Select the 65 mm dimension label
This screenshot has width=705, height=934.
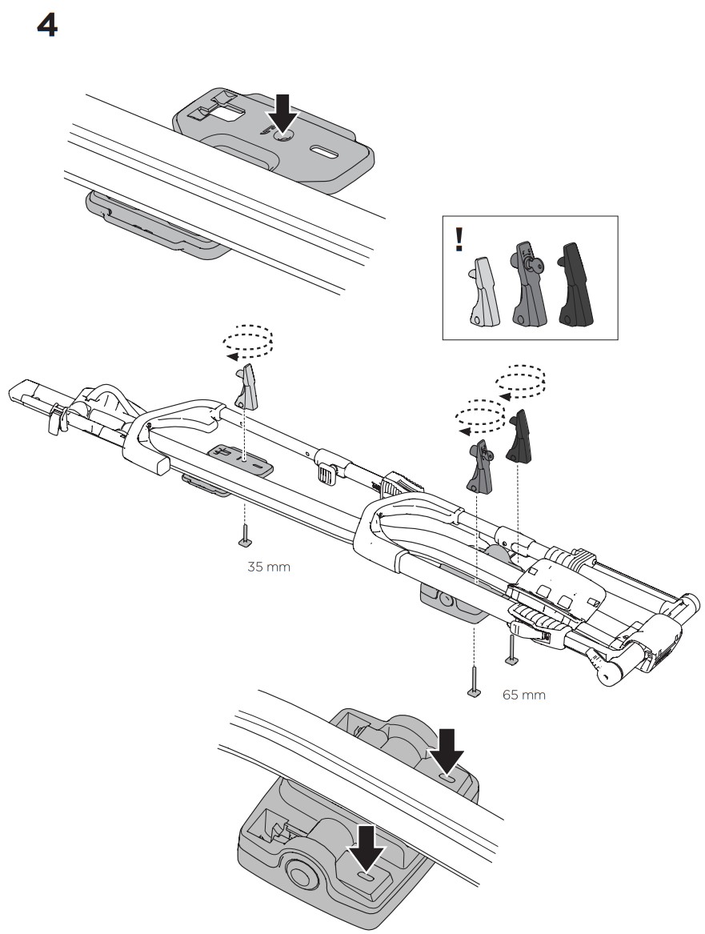[x=523, y=695]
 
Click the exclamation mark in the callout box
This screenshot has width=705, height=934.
[x=459, y=240]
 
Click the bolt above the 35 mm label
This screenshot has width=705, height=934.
[x=244, y=535]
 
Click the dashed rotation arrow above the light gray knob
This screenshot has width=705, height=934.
[x=248, y=343]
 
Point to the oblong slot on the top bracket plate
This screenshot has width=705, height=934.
[x=324, y=150]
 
